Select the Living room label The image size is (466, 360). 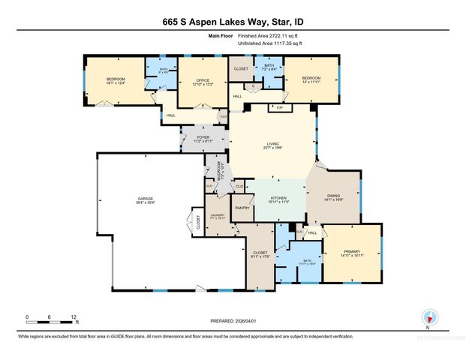(x=274, y=145)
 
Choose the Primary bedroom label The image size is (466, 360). (x=352, y=252)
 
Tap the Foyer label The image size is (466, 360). (x=203, y=138)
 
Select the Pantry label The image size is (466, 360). (x=242, y=207)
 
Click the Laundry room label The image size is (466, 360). (x=218, y=215)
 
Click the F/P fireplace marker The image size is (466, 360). (x=279, y=109)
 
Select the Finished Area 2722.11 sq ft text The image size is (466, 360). (x=271, y=36)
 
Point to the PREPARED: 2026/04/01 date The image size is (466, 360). (x=233, y=321)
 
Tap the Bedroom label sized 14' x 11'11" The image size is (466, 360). (x=311, y=79)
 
